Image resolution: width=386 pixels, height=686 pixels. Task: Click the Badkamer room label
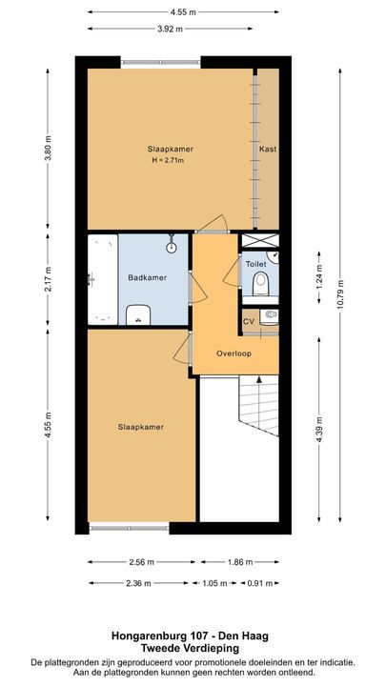147,277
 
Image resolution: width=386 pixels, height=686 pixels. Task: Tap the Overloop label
233,352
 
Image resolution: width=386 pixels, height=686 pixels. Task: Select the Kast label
268,150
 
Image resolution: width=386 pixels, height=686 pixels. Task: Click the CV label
249,321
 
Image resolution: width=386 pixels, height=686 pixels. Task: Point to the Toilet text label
255,262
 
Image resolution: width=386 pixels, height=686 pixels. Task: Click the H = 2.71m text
168,159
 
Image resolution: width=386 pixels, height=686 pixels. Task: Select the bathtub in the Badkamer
102,279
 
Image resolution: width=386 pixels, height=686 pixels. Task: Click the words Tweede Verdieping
193,648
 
